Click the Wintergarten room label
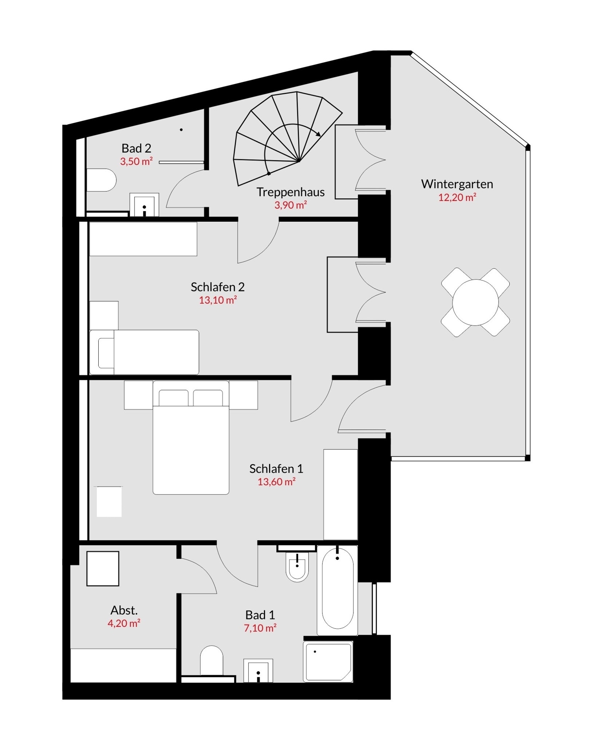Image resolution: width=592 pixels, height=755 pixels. (457, 184)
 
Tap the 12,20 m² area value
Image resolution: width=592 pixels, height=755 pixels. (457, 197)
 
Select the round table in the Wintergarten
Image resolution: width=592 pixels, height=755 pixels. (476, 302)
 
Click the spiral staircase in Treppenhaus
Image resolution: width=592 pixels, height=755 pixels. (288, 138)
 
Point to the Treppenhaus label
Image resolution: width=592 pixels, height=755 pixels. (291, 192)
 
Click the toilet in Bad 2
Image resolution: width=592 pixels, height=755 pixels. (101, 180)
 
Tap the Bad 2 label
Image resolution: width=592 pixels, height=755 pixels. (136, 148)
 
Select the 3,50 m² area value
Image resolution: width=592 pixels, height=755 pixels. (136, 161)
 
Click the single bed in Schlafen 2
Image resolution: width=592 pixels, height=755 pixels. (144, 352)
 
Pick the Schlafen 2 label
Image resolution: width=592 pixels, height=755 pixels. (218, 287)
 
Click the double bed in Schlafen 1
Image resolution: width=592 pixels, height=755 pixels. (191, 437)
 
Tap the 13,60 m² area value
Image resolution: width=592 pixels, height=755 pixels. (276, 482)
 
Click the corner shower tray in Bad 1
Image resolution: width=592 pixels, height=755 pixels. (328, 662)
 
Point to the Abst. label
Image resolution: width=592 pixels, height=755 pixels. (124, 610)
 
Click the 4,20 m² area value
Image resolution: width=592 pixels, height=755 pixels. (124, 623)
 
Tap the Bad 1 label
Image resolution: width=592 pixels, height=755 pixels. (260, 615)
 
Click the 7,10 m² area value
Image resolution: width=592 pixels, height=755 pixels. (260, 628)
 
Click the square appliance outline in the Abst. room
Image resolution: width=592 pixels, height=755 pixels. (103, 569)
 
